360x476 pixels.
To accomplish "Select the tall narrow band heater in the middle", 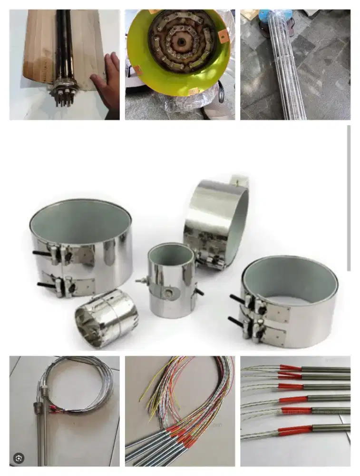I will pos(171,281).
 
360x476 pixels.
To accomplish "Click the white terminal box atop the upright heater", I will pos(240,181).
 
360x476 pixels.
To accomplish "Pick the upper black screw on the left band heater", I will pos(42,253).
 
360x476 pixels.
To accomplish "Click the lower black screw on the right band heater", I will pos(236,321).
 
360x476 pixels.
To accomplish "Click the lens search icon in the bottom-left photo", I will pos(19,458).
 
